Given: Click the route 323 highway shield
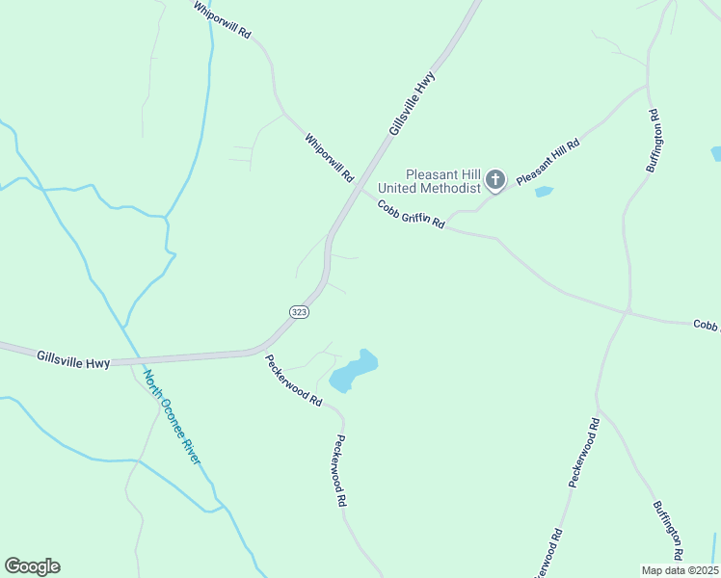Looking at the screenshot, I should (x=298, y=312).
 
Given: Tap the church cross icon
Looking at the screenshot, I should (x=495, y=179).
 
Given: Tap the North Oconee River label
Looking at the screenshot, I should (x=173, y=417).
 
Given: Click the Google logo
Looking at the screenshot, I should (x=32, y=566).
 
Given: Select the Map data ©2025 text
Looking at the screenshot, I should (x=680, y=570).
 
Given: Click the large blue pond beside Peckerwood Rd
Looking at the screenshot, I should (x=352, y=371).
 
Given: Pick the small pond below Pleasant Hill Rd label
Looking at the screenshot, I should (x=544, y=192).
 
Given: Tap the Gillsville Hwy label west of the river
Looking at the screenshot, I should (x=73, y=358).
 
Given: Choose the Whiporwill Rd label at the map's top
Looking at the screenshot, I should (x=222, y=19).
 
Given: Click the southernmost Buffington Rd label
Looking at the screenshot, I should (x=667, y=531).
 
